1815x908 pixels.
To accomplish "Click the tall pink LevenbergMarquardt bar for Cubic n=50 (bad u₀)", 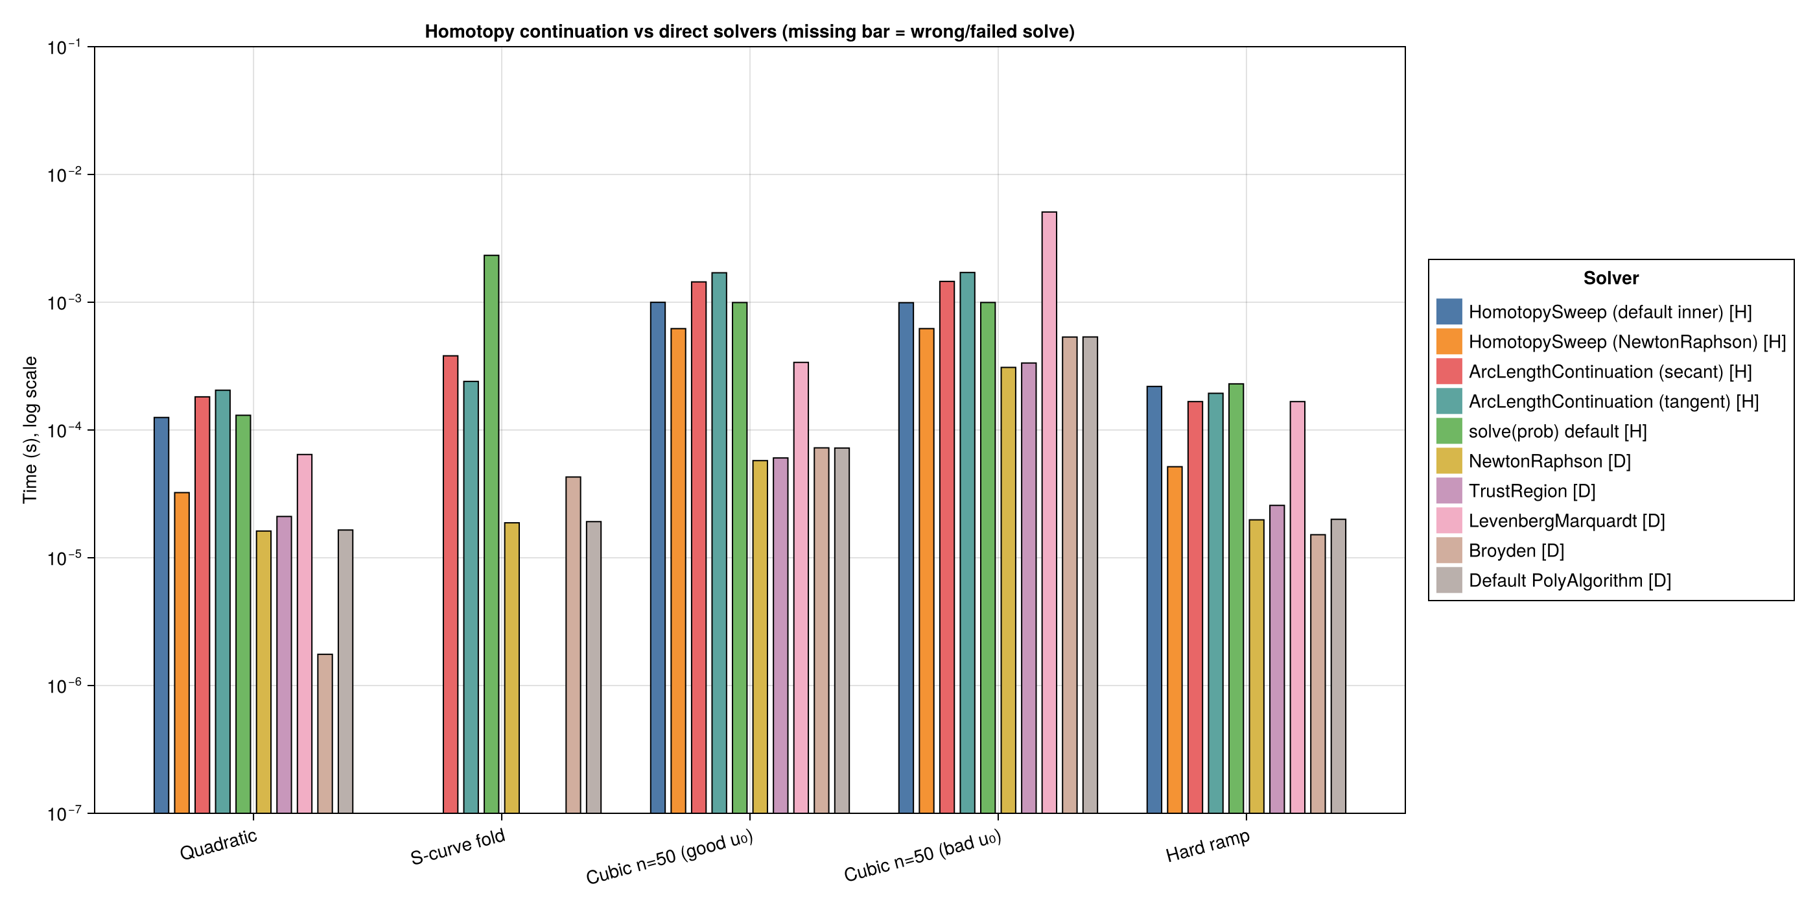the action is tap(1049, 512).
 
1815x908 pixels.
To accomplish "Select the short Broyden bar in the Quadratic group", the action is tap(325, 734).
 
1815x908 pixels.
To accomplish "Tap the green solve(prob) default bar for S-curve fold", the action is tap(491, 534).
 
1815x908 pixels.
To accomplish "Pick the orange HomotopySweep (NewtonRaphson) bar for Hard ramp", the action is tap(1175, 640).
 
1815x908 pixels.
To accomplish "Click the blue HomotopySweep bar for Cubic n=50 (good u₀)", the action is tap(657, 558).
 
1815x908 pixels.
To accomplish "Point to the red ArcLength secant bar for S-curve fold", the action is tap(451, 584).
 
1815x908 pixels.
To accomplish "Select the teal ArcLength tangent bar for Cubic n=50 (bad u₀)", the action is tap(967, 543).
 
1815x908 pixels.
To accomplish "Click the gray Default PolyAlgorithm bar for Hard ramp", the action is tap(1338, 666).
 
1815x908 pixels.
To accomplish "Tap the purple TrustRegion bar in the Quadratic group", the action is tap(284, 665).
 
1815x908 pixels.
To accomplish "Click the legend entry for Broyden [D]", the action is tap(1500, 551).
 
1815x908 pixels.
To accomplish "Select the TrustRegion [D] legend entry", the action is tap(1516, 491).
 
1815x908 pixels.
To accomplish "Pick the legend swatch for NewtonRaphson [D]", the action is tap(1449, 461).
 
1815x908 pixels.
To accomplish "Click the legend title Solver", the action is tap(1611, 278).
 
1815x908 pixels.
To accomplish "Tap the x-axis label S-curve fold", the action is tap(458, 846).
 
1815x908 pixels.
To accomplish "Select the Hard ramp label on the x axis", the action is tap(1208, 846).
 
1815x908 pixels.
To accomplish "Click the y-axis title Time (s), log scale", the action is tap(30, 430).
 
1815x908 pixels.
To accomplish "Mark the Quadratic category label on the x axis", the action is tap(218, 844).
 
